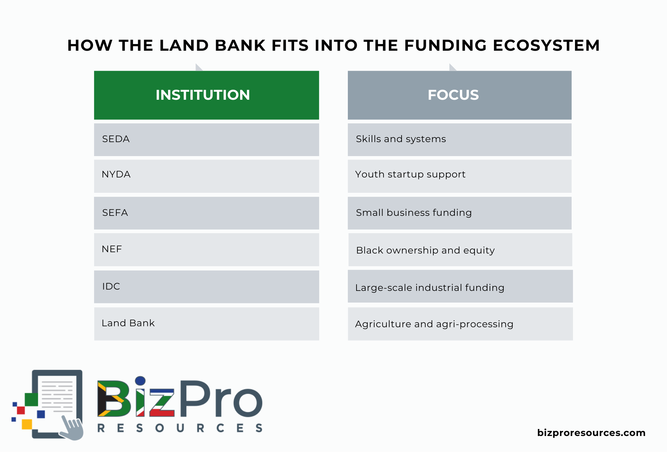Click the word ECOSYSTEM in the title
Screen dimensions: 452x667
click(x=546, y=45)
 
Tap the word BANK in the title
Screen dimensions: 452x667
click(x=240, y=45)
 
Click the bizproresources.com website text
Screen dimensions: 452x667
click(x=591, y=433)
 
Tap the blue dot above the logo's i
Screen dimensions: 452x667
click(x=140, y=381)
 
